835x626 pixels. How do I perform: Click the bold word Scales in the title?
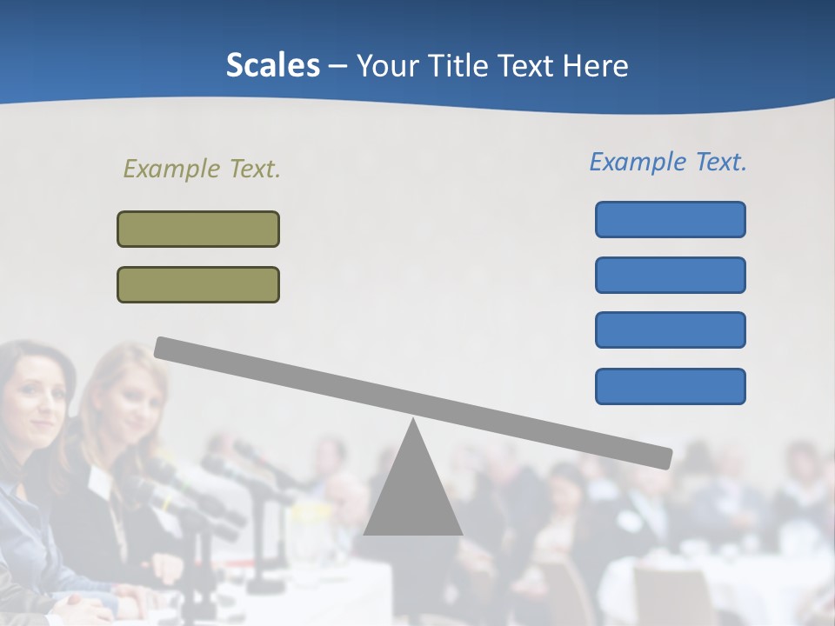(x=272, y=65)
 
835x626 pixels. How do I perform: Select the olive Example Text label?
(x=202, y=169)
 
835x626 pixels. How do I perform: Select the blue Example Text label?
(x=668, y=162)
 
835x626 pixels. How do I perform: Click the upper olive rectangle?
(x=198, y=229)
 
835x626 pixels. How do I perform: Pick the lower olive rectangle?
(x=198, y=284)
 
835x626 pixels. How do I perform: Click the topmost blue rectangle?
(x=670, y=219)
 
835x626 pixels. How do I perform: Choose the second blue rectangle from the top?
(x=670, y=275)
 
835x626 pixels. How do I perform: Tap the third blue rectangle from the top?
(x=670, y=330)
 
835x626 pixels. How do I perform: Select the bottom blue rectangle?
(x=670, y=386)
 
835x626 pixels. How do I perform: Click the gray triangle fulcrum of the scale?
(x=412, y=496)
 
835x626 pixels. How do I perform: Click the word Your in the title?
(x=387, y=65)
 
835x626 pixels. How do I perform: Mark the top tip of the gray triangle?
(x=412, y=421)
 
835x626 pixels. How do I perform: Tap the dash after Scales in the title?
(x=337, y=66)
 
